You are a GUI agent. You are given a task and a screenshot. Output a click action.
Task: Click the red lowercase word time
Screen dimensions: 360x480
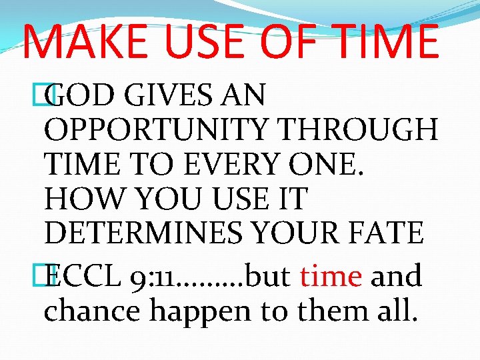[331, 276]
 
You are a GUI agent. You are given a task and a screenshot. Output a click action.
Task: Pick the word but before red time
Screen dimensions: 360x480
[269, 276]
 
